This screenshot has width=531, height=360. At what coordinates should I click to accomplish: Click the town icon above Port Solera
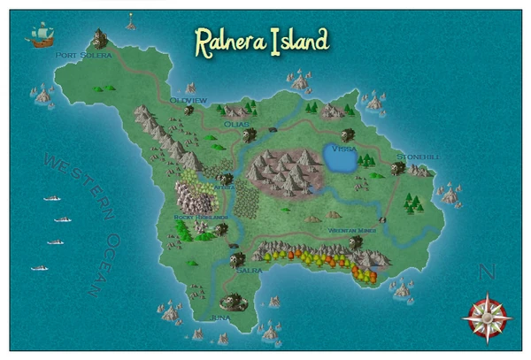tap(96, 39)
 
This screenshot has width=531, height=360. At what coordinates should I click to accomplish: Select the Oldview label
tap(188, 101)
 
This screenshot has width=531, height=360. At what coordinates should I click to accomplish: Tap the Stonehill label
tap(417, 157)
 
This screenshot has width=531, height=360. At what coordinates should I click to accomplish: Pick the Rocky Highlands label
tap(202, 217)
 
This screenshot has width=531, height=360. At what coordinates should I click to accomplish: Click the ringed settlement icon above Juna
tap(235, 301)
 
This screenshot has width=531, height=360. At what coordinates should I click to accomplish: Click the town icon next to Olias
tap(250, 134)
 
